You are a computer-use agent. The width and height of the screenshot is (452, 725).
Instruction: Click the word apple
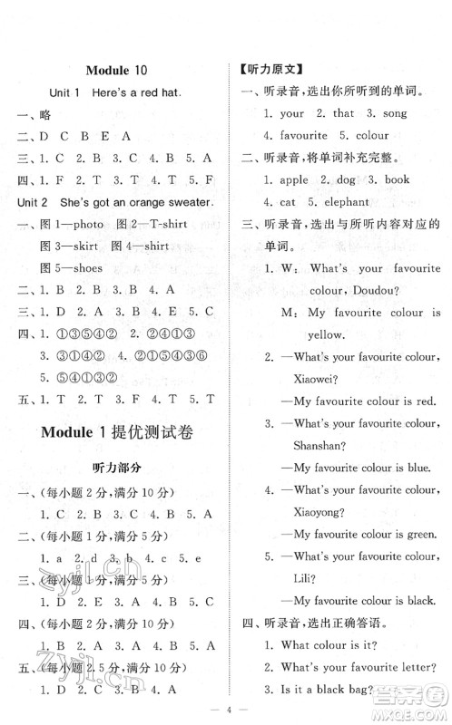point(291,180)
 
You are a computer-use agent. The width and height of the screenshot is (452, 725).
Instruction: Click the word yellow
point(302,334)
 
